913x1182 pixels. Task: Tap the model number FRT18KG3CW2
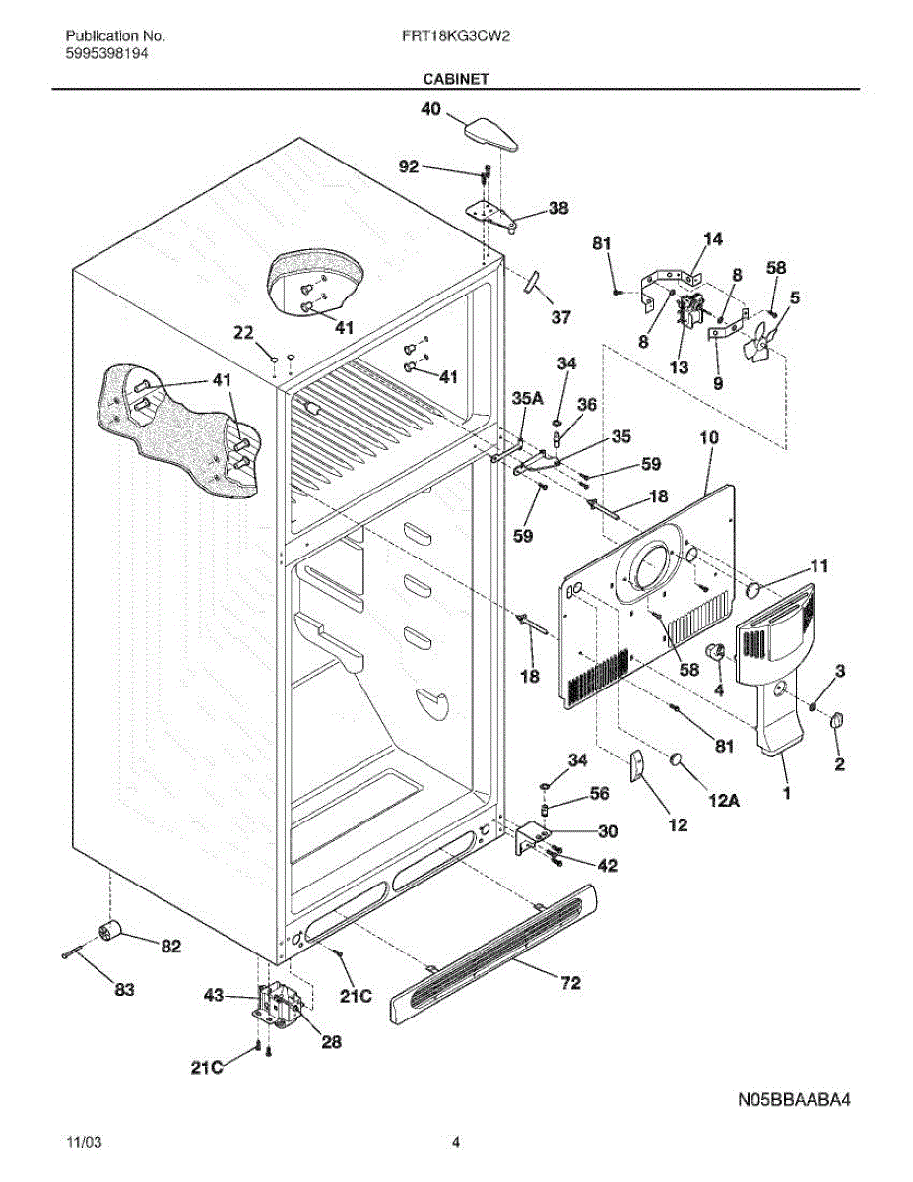(x=454, y=36)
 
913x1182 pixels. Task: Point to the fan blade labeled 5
(x=761, y=335)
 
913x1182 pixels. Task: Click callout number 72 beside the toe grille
(x=570, y=982)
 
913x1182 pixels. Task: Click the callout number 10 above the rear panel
(x=709, y=436)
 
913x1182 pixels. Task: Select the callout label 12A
(x=723, y=802)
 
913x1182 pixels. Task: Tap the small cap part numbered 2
(x=838, y=721)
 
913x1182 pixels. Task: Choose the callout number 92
(x=409, y=167)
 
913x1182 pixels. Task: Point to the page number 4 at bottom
(x=456, y=1143)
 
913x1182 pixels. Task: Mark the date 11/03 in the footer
(x=83, y=1143)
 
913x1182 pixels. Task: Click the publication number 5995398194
(x=107, y=54)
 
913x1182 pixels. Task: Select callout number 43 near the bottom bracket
(x=214, y=995)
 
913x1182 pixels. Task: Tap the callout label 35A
(x=528, y=398)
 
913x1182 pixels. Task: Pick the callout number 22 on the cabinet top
(x=243, y=333)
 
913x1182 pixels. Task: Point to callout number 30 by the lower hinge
(x=608, y=831)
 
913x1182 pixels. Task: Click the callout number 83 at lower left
(x=123, y=989)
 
